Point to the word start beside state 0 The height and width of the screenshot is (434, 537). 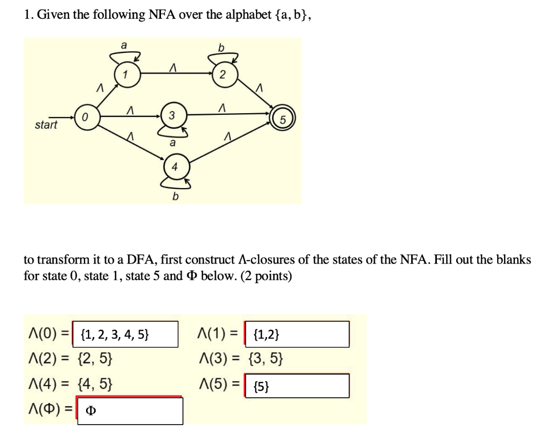pyautogui.click(x=46, y=126)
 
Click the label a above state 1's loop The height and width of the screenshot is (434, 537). pyautogui.click(x=124, y=46)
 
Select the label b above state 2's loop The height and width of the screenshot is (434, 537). pyautogui.click(x=221, y=48)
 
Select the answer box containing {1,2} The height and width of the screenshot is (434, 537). pyautogui.click(x=297, y=334)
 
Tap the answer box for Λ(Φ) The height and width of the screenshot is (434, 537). pyautogui.click(x=130, y=410)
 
